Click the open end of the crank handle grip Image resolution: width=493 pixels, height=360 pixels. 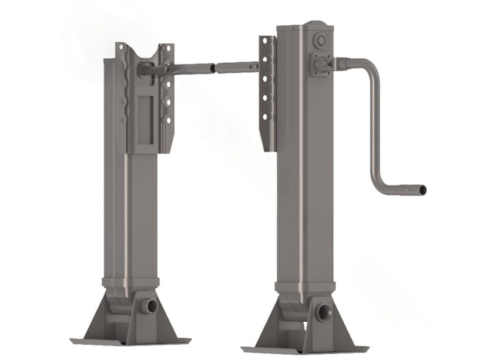422,191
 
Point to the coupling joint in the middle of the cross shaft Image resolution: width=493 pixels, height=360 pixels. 217,68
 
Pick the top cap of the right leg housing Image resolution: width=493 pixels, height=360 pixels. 306,26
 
